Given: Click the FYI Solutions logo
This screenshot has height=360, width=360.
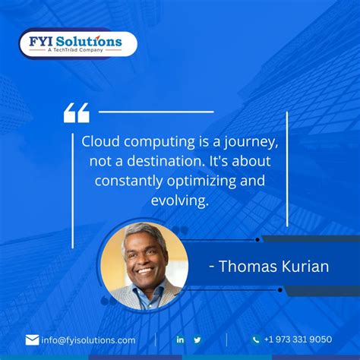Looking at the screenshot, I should coord(78,43).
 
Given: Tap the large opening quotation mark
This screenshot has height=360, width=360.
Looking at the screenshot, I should coord(76,113).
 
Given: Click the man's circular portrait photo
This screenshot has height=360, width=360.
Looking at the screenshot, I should coord(144,266).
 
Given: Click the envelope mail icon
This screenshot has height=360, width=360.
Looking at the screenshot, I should coord(32,339).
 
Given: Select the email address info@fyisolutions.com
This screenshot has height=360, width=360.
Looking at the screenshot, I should coord(88,340).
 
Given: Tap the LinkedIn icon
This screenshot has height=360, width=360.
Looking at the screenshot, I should coord(180,339).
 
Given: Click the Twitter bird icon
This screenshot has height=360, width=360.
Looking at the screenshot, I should coord(197,339).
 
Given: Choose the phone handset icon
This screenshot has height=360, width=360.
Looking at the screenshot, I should coord(256,339).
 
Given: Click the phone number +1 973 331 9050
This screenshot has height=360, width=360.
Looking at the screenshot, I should coord(297,339).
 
